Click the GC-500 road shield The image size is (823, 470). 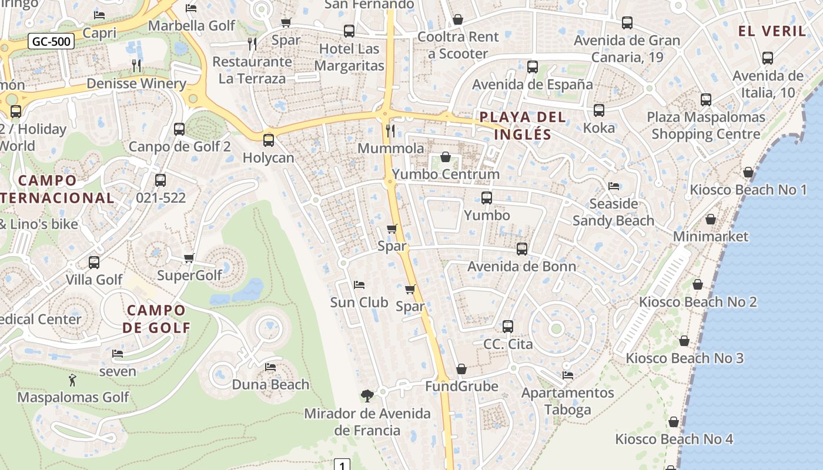(x=51, y=42)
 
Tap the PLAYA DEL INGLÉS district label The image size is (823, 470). (x=523, y=126)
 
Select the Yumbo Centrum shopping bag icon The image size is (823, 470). (x=446, y=157)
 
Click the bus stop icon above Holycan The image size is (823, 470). (x=269, y=140)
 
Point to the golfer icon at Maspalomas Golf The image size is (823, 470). (x=72, y=380)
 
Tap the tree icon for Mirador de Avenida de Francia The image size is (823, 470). (x=367, y=395)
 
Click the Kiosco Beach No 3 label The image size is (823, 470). (x=684, y=358)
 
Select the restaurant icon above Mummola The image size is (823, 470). (x=390, y=130)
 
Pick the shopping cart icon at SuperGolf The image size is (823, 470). (x=189, y=258)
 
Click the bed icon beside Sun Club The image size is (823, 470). (x=359, y=285)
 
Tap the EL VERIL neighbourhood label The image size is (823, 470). (x=772, y=32)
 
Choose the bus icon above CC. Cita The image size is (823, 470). (x=508, y=327)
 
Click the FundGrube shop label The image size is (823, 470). (x=461, y=387)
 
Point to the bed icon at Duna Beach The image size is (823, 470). (x=270, y=367)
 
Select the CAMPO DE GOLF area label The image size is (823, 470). (x=156, y=319)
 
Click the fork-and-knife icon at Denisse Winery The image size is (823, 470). (x=136, y=65)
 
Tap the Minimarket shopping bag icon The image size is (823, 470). (x=711, y=220)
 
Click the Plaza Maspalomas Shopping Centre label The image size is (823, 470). (x=705, y=126)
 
